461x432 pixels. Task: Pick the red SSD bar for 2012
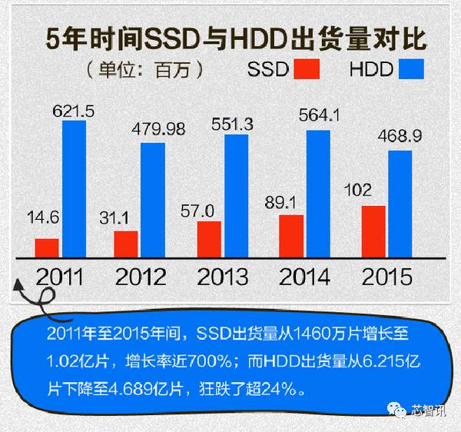[126, 244]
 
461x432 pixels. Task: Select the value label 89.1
[291, 204]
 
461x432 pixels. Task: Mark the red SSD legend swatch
[307, 70]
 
